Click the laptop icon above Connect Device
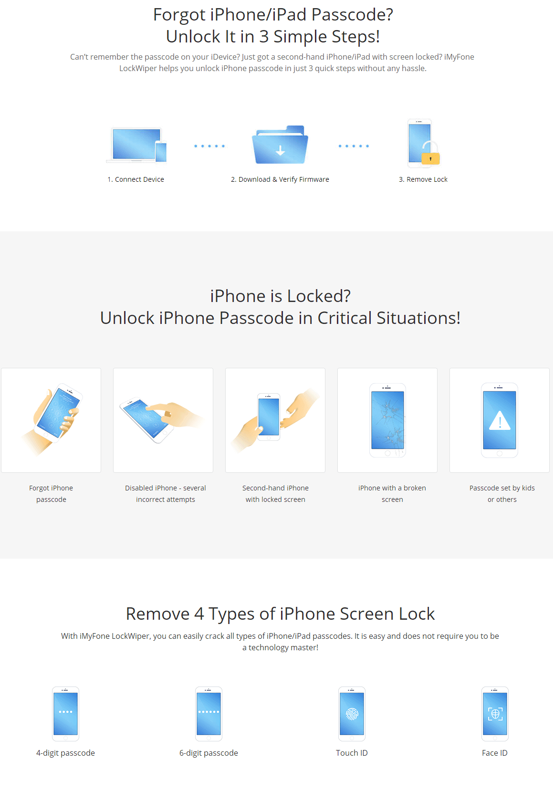(136, 145)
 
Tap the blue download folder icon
(280, 145)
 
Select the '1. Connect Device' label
(136, 179)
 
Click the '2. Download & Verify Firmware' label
(280, 179)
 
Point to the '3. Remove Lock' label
(423, 179)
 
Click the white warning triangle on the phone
(500, 421)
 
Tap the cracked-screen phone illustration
(387, 420)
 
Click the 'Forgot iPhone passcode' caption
(51, 494)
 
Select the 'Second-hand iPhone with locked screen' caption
(275, 494)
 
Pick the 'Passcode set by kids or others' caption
(502, 494)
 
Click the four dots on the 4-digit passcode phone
(66, 711)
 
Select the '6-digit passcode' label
(209, 753)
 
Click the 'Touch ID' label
(352, 753)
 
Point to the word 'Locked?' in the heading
(319, 296)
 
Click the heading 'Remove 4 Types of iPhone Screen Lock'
(280, 614)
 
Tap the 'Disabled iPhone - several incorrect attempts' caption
(165, 494)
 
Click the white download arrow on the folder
(281, 150)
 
